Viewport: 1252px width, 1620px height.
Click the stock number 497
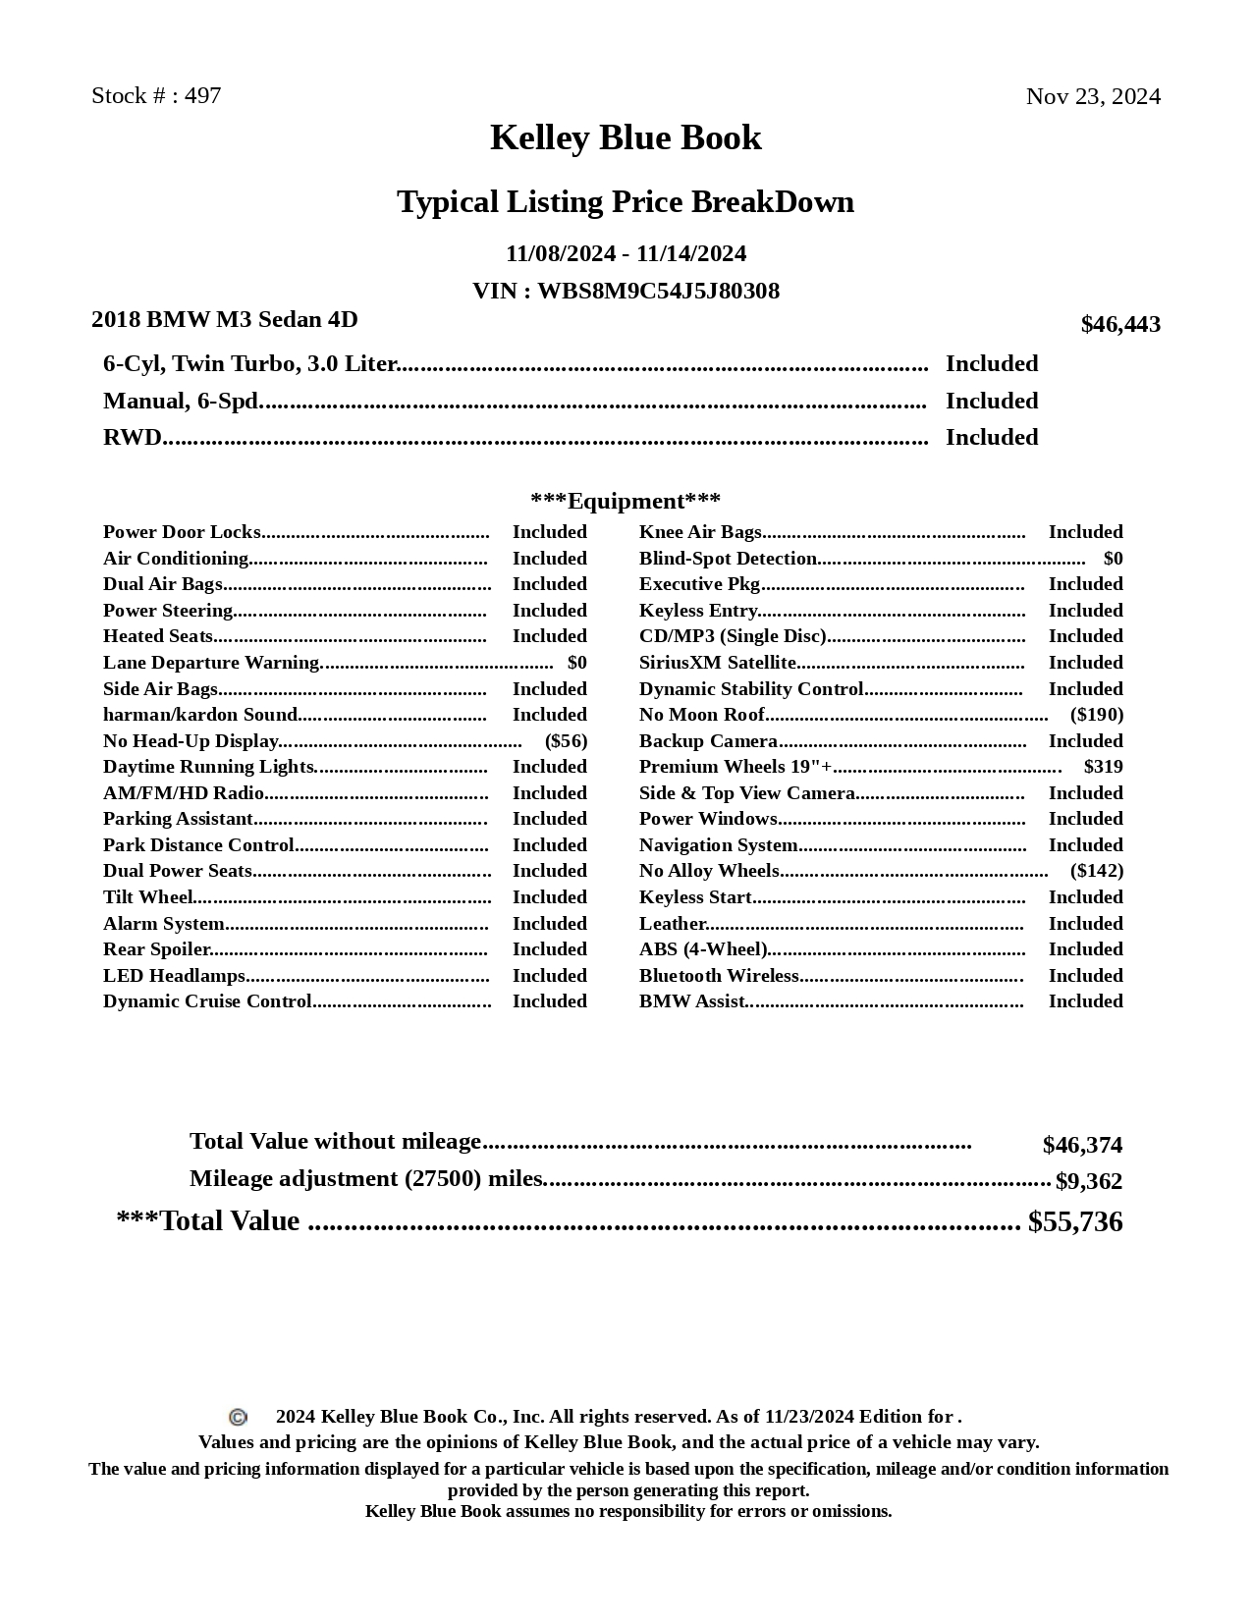(x=203, y=96)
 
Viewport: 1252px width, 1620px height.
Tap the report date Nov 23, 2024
(x=1093, y=96)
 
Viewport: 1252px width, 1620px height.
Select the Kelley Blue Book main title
(x=626, y=137)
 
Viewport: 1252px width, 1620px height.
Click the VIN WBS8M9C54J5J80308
(x=658, y=292)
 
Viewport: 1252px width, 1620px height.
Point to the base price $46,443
(x=1120, y=325)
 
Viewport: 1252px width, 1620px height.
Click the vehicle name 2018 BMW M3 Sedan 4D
(x=225, y=320)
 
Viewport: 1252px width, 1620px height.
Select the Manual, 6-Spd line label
(x=181, y=402)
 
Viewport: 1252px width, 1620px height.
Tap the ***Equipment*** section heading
(x=626, y=502)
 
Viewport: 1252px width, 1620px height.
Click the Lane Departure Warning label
(x=211, y=663)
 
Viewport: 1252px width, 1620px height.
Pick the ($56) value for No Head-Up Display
(x=566, y=741)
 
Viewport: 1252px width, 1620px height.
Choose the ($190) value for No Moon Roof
(x=1097, y=715)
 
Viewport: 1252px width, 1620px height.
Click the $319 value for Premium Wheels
(x=1104, y=767)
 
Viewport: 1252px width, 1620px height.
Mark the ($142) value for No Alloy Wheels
(x=1097, y=871)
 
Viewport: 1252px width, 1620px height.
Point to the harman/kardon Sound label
(x=200, y=715)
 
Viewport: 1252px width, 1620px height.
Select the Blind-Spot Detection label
(x=728, y=559)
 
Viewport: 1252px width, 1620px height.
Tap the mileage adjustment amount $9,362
(x=1089, y=1181)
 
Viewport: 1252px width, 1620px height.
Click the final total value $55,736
(x=1075, y=1222)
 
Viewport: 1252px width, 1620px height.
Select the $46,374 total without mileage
(x=1082, y=1146)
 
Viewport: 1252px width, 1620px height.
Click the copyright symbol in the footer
(x=238, y=1417)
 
